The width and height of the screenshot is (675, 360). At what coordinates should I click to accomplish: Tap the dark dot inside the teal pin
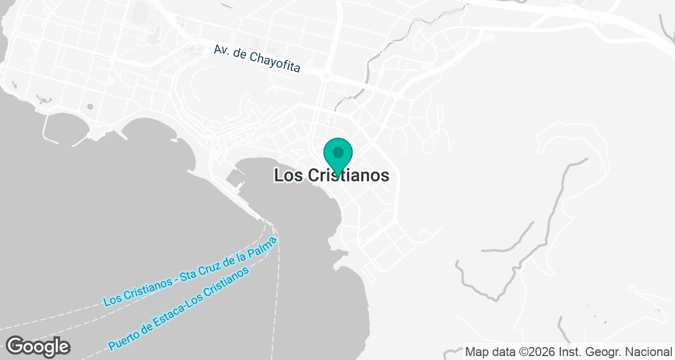pyautogui.click(x=338, y=152)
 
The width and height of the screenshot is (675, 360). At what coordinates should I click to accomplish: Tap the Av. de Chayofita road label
pyautogui.click(x=256, y=58)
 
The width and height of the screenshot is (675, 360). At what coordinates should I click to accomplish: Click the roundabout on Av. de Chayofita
pyautogui.click(x=326, y=75)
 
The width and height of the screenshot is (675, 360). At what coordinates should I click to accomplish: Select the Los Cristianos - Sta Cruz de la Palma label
pyautogui.click(x=190, y=272)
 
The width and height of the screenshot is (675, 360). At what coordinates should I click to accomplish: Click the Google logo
pyautogui.click(x=38, y=346)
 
